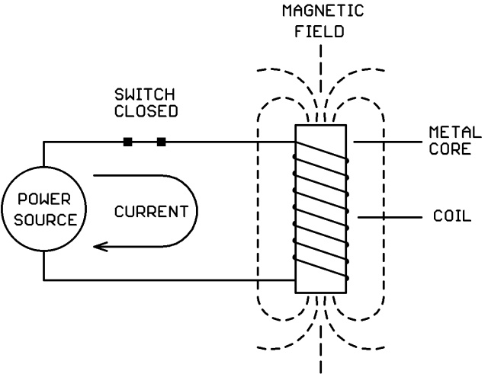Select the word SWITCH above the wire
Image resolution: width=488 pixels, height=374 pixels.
144,94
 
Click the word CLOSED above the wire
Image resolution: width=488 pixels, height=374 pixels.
144,110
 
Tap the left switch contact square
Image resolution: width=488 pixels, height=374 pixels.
128,142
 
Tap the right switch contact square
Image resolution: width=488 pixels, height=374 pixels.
161,142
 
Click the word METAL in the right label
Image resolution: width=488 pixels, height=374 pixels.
455,134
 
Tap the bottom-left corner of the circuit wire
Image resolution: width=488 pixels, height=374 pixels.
43,280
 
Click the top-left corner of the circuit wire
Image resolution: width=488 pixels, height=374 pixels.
43,142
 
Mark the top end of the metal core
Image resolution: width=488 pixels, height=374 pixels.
321,126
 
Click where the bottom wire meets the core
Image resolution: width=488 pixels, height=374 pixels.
295,280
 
